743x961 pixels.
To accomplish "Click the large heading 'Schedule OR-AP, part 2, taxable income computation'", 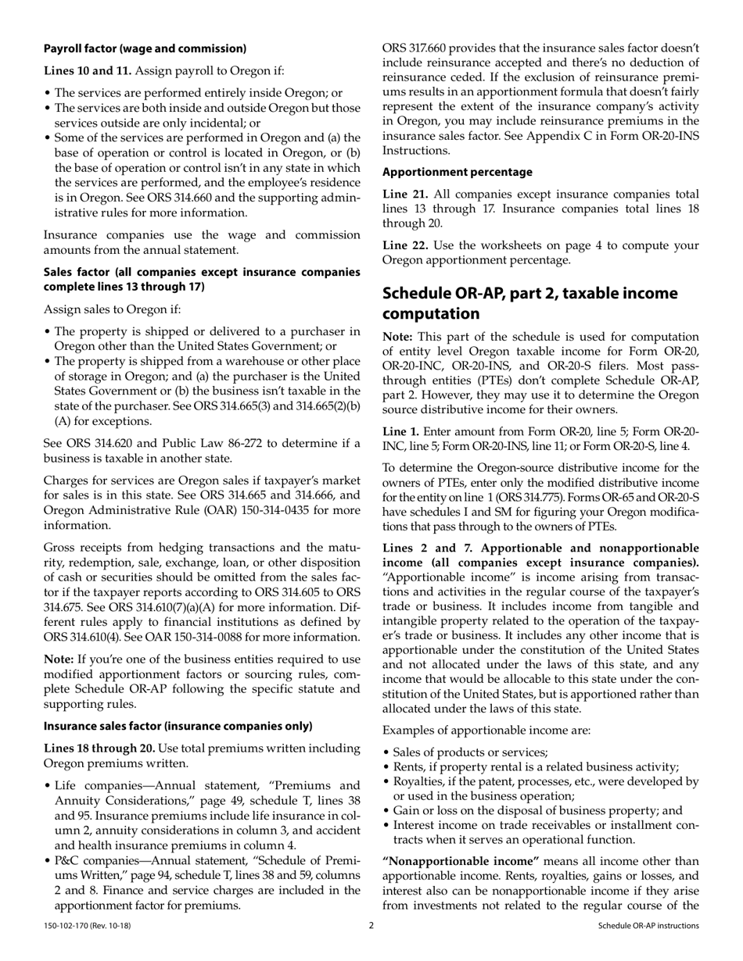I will click(x=529, y=303).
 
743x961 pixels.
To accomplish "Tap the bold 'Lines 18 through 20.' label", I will click(x=96, y=748).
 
